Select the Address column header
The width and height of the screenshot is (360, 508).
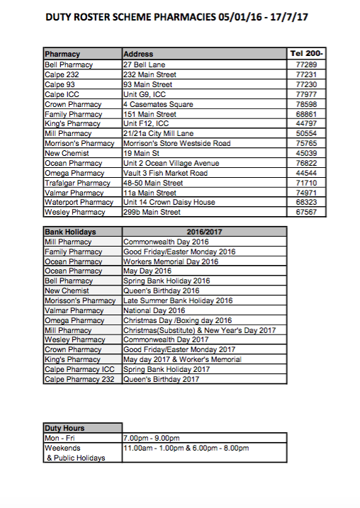coord(138,54)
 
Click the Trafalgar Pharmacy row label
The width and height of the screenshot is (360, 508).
coord(77,183)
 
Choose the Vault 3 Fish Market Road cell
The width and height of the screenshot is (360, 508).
coord(165,173)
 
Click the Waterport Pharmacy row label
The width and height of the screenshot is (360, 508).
coord(79,202)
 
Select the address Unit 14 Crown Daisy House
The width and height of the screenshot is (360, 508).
coord(169,202)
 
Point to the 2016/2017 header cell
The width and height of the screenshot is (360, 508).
coord(204,232)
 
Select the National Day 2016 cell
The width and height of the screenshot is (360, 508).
coord(154,310)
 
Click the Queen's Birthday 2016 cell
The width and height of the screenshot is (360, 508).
coord(162,290)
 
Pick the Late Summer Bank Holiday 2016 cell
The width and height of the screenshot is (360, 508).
coord(178,300)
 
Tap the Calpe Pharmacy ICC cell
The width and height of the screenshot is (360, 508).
coord(79,369)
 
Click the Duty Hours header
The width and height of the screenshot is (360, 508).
coord(64,428)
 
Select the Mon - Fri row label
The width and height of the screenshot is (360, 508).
coord(60,438)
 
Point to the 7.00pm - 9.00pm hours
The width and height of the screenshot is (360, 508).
coord(152,438)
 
